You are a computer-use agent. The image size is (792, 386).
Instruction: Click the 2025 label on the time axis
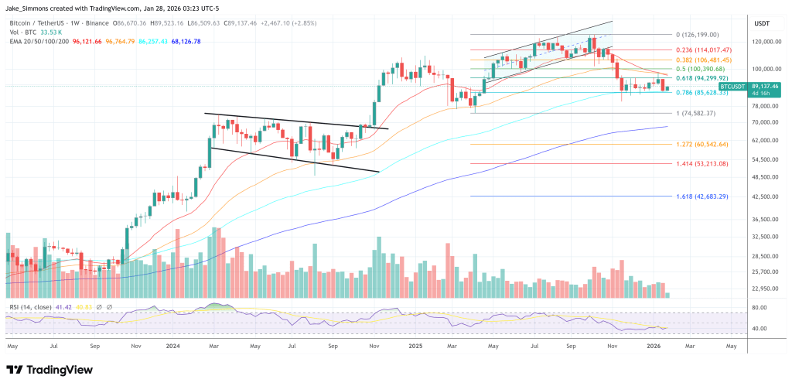[x=416, y=347]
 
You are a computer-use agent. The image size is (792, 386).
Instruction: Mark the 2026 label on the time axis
[x=654, y=347]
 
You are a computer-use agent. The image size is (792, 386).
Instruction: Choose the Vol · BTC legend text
[x=22, y=22]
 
